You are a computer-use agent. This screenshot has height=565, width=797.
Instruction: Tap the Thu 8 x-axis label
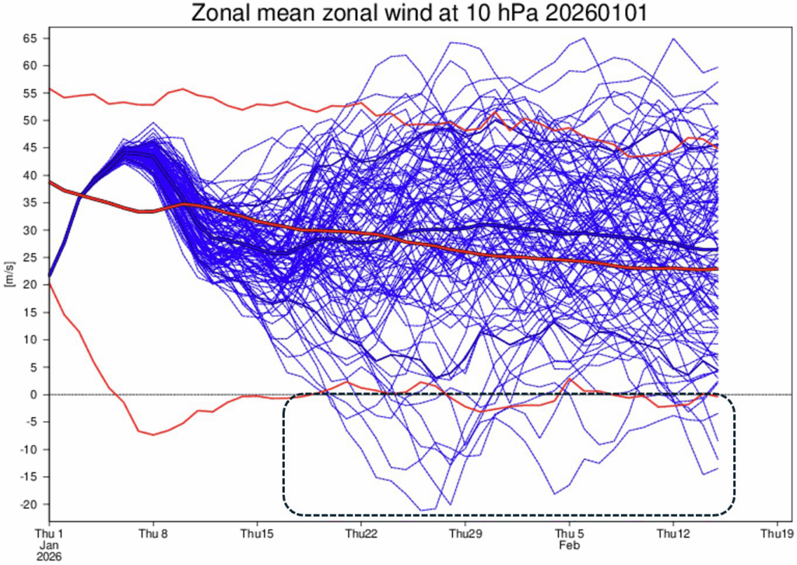153,535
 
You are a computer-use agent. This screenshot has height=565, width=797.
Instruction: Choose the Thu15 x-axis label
257,535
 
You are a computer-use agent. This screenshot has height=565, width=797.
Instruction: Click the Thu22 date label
361,535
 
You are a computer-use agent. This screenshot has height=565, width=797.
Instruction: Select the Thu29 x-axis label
465,535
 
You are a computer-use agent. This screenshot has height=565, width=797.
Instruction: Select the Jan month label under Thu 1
49,546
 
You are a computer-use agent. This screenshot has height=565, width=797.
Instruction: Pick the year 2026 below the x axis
49,557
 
